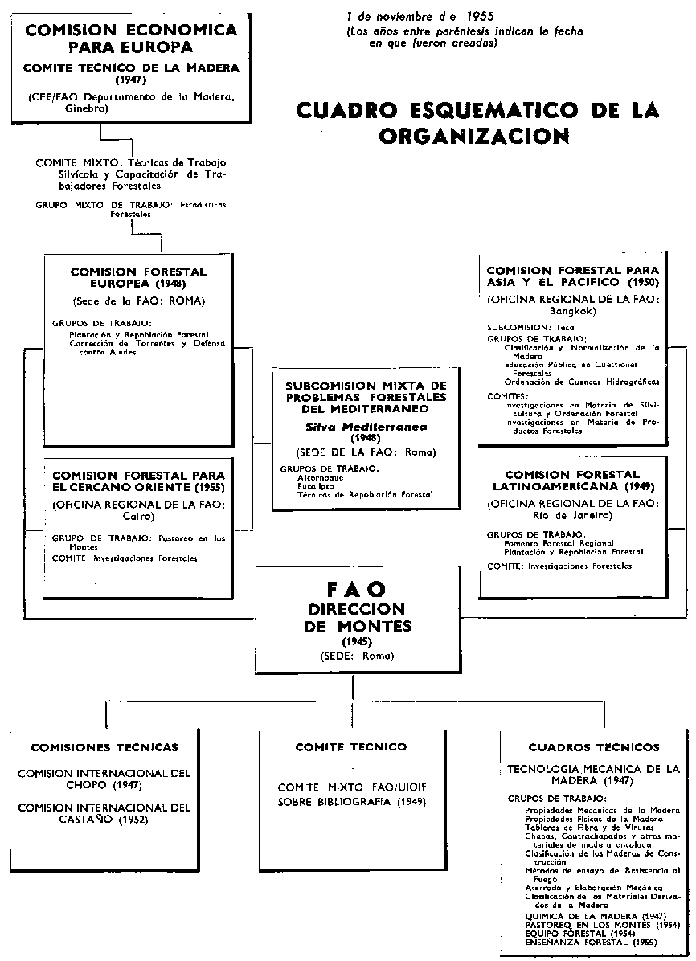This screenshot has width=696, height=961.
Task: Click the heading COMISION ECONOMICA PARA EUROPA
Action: [132, 38]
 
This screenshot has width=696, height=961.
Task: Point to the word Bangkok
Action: [572, 309]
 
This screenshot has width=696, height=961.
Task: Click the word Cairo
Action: [138, 517]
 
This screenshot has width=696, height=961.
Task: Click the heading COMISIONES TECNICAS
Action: [104, 747]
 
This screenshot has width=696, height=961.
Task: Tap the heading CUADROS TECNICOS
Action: [594, 747]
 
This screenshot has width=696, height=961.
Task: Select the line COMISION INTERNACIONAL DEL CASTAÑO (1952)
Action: [104, 813]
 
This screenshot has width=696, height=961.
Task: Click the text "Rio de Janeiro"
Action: [572, 515]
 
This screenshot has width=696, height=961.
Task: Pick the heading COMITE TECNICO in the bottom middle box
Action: [351, 747]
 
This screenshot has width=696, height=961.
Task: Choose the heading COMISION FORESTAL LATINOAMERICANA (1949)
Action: [572, 480]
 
